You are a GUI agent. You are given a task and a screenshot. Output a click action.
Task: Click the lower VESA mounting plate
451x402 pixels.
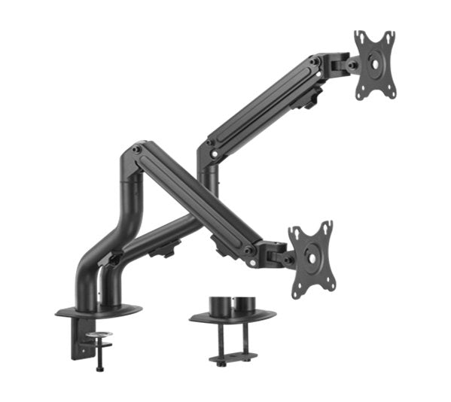[311, 258]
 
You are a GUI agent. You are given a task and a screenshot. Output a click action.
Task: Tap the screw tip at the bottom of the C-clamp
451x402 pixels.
[99, 367]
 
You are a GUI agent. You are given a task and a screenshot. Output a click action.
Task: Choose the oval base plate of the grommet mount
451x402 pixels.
[231, 317]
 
